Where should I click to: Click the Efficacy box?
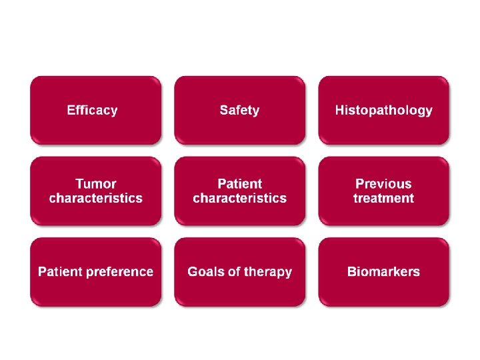click(95, 111)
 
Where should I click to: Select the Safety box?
click(239, 111)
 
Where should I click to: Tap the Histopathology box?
click(383, 111)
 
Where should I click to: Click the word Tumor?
click(95, 184)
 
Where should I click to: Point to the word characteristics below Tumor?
click(95, 199)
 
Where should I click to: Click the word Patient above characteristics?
click(239, 184)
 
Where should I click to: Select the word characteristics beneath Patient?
click(239, 199)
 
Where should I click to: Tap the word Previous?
click(383, 184)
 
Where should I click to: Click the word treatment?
click(383, 199)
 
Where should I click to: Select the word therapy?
click(267, 272)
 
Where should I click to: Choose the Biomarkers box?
click(383, 272)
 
